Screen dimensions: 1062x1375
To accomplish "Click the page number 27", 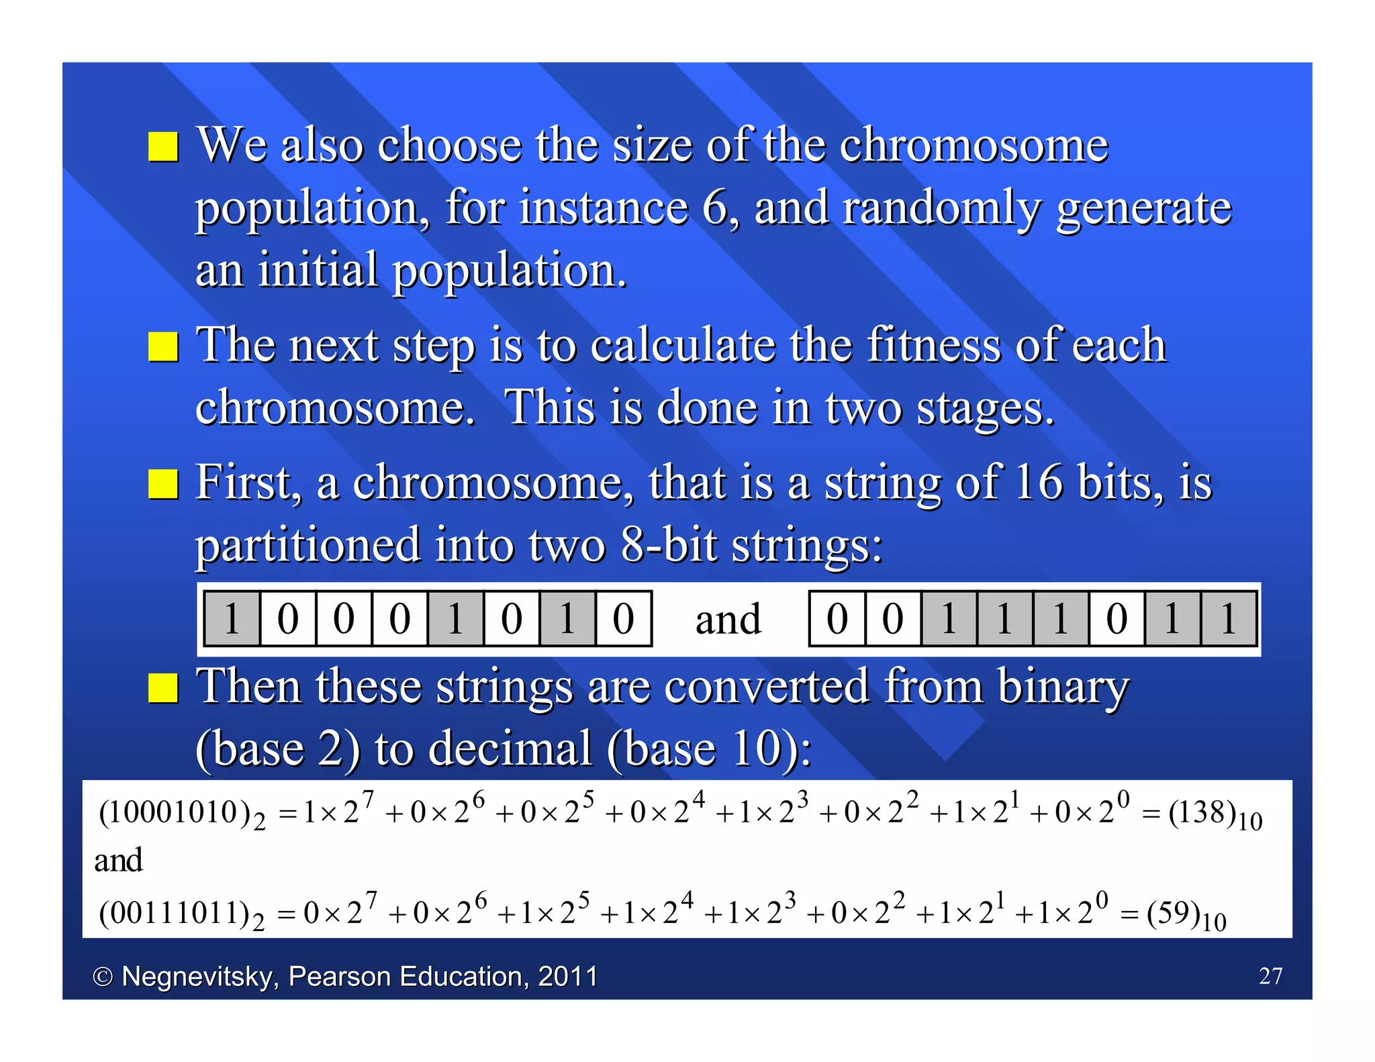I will coord(1270,975).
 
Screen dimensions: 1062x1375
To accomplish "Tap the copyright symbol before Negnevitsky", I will coord(102,977).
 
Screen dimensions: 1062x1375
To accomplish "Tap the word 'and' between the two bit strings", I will coord(728,619).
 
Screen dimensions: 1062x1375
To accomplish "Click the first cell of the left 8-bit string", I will coord(232,619).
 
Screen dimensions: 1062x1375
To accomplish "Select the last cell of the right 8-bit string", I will coord(1229,619).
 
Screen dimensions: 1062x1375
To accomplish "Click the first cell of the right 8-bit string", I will coord(837,619).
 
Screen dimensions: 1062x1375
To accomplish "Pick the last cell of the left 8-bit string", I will coord(623,619).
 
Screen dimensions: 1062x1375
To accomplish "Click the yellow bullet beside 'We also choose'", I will coord(163,146).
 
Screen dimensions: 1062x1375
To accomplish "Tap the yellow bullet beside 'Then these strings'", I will coord(163,687).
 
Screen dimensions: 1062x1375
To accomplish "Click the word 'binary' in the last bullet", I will coord(1063,687).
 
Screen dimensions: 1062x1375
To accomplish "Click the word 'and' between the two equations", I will coord(118,861).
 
